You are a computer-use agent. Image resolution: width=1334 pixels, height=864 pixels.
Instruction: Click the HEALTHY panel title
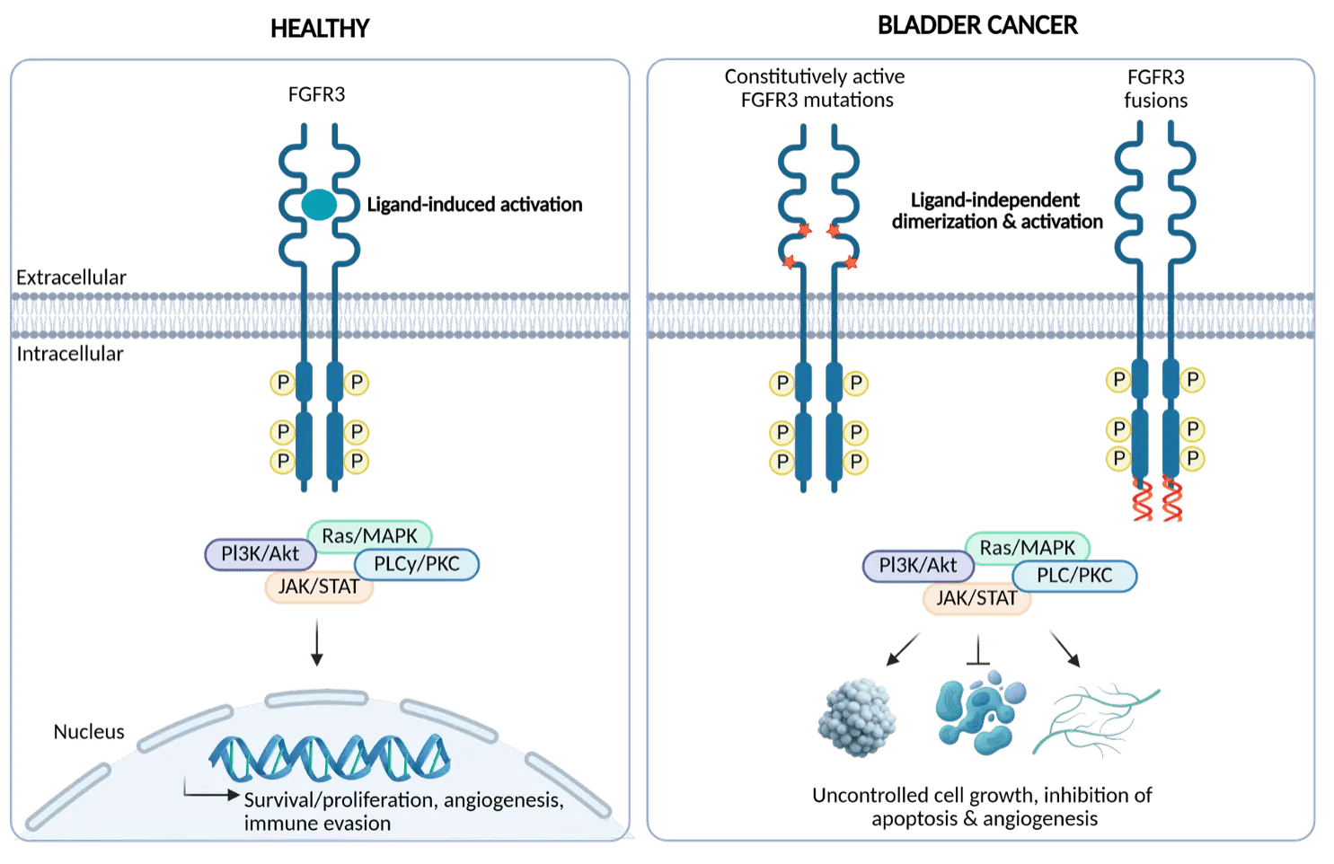click(x=320, y=29)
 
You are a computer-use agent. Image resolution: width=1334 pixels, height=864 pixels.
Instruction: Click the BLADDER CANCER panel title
click(x=977, y=25)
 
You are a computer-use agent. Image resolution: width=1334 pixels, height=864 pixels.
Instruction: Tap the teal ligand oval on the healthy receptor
click(x=318, y=206)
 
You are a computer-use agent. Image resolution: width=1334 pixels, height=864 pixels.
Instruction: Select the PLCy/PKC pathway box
click(x=417, y=564)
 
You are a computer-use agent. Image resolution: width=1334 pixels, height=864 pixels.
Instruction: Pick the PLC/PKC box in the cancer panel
click(x=1074, y=576)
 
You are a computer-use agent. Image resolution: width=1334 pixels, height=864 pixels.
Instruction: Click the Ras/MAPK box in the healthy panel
click(x=369, y=536)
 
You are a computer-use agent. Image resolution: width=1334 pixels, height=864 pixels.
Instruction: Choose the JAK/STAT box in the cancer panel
click(x=976, y=598)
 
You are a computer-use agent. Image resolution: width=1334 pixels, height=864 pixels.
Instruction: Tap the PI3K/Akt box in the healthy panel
click(x=261, y=554)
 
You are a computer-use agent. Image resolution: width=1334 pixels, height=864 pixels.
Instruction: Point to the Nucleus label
click(x=89, y=732)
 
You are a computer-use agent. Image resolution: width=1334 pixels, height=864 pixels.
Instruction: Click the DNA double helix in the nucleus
click(x=329, y=757)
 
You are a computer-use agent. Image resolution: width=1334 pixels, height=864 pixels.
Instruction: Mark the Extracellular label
click(x=71, y=278)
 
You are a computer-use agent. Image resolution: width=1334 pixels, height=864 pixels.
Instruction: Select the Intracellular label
click(x=69, y=354)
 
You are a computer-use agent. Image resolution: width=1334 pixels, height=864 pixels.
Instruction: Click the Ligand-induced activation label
click(x=474, y=206)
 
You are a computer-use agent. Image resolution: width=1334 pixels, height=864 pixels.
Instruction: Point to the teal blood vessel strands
click(x=1094, y=719)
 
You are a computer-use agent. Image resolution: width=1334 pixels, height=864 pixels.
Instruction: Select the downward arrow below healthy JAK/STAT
click(x=316, y=641)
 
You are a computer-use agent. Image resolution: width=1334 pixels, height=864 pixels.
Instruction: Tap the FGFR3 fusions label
click(x=1155, y=89)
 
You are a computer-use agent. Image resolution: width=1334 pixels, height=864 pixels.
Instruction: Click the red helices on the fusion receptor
click(x=1157, y=499)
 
